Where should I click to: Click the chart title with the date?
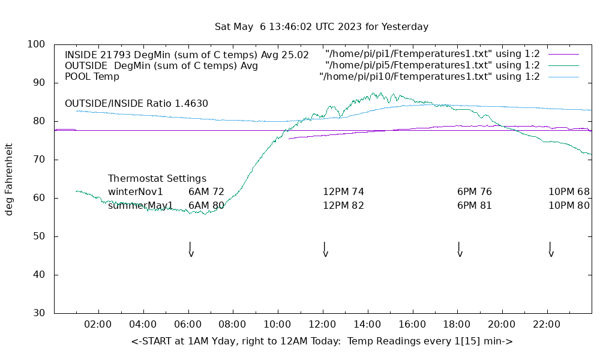322,27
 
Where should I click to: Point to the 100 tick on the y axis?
37,44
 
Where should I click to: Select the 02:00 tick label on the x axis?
98,325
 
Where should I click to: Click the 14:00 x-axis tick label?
367,325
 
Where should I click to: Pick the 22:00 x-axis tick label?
547,325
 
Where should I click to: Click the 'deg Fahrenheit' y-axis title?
10,179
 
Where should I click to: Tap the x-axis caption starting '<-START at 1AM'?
322,341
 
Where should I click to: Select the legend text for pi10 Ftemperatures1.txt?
430,77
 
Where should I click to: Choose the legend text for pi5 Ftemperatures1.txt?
433,65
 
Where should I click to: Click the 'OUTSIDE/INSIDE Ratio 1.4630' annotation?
136,103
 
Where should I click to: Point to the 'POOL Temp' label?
92,77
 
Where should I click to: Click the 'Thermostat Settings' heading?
157,179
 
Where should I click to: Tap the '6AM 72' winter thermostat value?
206,192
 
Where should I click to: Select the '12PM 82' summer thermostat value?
343,206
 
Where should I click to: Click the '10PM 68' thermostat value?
569,192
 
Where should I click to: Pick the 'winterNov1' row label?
136,192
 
